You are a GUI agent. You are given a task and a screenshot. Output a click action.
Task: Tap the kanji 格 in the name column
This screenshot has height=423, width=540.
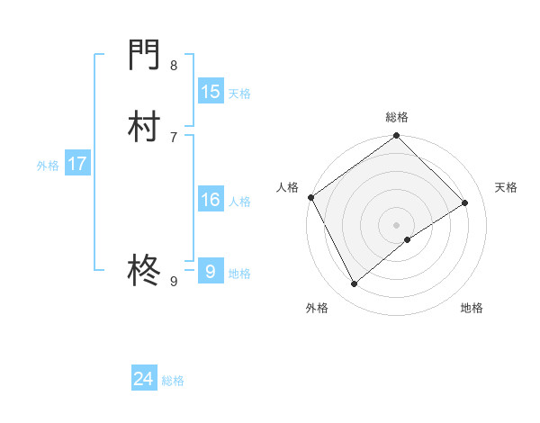pyautogui.click(x=144, y=269)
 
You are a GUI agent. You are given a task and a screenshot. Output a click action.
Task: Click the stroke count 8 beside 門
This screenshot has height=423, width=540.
pyautogui.click(x=174, y=65)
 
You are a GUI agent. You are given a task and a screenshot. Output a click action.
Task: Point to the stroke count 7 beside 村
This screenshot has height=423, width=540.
pyautogui.click(x=174, y=137)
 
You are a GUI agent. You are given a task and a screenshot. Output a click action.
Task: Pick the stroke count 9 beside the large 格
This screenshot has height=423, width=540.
pyautogui.click(x=174, y=282)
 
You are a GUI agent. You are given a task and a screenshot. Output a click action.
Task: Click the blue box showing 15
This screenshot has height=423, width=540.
pyautogui.click(x=211, y=92)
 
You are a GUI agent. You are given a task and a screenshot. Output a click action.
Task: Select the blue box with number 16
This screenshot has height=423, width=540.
pyautogui.click(x=211, y=200)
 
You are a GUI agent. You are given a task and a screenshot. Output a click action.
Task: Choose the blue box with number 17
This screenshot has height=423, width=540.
pyautogui.click(x=77, y=164)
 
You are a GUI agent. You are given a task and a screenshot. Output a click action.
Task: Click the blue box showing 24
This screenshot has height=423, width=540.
pyautogui.click(x=144, y=380)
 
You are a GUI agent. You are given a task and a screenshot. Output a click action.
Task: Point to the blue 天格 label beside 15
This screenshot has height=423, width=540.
pyautogui.click(x=238, y=94)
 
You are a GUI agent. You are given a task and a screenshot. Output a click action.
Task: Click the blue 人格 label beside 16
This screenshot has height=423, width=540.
pyautogui.click(x=238, y=202)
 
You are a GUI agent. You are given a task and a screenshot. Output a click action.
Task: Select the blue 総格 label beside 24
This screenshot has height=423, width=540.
pyautogui.click(x=173, y=382)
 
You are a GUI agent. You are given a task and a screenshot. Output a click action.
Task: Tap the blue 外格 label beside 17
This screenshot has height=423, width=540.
pyautogui.click(x=48, y=166)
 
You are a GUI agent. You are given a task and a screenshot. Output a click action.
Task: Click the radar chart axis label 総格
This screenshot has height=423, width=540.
pyautogui.click(x=397, y=118)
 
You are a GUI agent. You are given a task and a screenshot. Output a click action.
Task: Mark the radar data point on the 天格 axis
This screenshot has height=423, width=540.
pyautogui.click(x=465, y=202)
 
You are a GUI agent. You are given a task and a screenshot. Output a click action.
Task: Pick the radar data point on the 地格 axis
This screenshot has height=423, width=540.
pyautogui.click(x=408, y=239)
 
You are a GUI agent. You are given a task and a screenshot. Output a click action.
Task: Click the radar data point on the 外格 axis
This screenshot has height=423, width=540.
pyautogui.click(x=354, y=283)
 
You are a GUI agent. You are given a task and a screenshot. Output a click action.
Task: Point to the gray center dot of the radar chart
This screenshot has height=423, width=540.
pyautogui.click(x=397, y=224)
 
